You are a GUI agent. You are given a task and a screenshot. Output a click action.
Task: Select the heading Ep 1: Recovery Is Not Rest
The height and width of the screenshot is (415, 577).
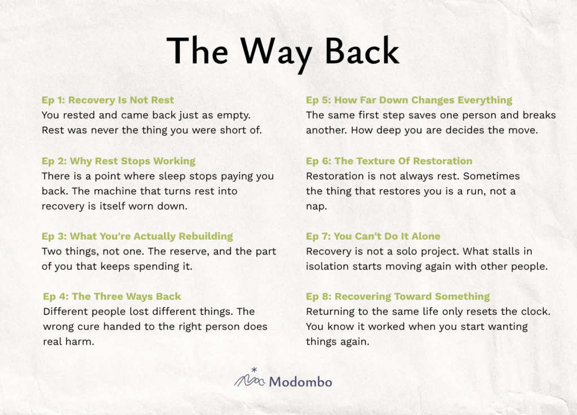point(108,100)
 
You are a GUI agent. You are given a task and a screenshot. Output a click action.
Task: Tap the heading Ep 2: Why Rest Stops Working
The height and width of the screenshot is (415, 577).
point(118,162)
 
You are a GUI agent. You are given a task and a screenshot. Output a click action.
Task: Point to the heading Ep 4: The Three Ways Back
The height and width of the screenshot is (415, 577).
point(112,297)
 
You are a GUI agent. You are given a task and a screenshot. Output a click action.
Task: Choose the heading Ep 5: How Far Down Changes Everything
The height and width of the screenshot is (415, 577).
point(409,100)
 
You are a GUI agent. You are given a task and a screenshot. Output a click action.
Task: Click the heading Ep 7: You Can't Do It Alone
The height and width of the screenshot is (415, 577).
point(373,236)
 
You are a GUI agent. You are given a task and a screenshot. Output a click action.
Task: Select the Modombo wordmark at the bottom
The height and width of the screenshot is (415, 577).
point(300,382)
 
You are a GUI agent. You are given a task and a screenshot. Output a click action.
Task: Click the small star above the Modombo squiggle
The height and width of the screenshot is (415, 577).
point(254,370)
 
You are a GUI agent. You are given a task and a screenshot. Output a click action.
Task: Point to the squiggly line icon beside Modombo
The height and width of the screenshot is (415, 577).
point(250,381)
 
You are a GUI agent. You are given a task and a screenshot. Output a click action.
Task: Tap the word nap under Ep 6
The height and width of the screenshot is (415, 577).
point(317,207)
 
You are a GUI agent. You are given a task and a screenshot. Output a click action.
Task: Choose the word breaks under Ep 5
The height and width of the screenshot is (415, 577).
point(539,115)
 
